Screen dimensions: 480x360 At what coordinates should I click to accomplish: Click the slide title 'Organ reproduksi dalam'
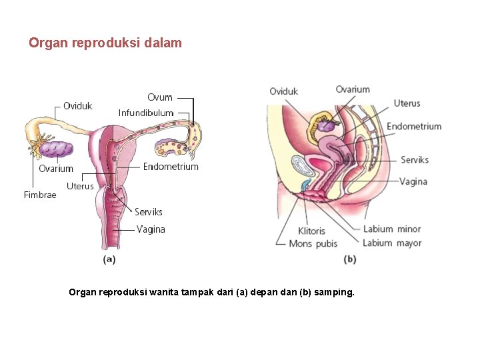105,43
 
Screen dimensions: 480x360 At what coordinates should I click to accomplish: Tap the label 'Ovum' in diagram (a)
160,98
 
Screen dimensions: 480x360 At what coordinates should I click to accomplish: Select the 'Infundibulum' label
146,113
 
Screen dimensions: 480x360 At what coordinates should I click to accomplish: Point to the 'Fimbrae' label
40,195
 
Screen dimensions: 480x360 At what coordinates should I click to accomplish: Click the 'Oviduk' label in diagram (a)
78,106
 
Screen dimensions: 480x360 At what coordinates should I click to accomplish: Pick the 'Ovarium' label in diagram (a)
56,169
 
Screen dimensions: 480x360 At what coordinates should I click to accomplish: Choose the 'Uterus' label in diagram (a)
80,186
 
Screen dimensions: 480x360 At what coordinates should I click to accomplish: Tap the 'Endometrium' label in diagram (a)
171,167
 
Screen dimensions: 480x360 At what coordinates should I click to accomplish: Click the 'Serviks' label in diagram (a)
149,212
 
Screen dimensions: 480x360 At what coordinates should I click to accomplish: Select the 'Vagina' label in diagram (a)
151,229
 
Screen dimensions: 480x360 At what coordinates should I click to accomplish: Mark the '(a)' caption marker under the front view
109,260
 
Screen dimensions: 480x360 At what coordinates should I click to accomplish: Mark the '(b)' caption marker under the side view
350,260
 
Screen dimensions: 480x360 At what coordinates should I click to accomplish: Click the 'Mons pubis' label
313,243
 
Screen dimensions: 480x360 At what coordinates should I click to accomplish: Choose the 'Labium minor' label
392,229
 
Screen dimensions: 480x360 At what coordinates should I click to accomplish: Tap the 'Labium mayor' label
392,243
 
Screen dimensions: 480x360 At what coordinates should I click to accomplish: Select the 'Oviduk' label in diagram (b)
284,91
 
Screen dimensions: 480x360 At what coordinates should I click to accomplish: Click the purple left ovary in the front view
55,149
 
